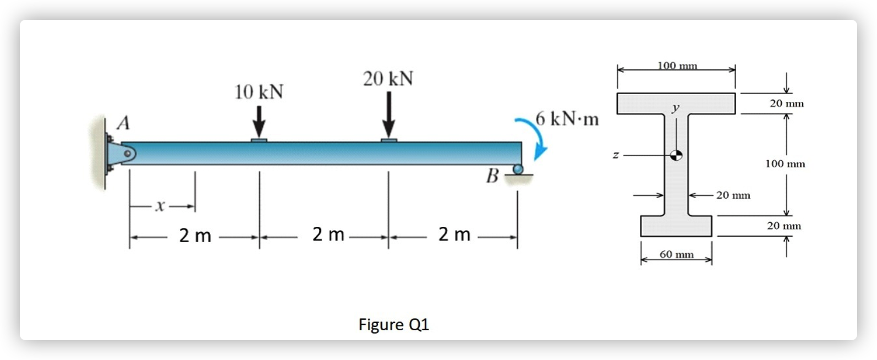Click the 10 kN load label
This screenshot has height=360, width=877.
259,92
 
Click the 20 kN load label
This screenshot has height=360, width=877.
388,79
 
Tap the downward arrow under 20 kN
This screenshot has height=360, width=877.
389,115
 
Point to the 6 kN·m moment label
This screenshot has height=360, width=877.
567,119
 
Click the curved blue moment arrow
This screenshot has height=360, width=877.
535,135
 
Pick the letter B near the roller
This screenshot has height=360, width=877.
492,177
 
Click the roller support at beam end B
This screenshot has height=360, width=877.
517,170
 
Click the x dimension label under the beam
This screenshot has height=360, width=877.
160,206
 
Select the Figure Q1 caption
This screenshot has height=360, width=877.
393,324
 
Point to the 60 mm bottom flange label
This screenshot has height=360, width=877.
676,254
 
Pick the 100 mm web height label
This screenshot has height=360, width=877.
785,163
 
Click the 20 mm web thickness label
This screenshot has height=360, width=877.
733,195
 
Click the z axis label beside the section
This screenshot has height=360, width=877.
616,156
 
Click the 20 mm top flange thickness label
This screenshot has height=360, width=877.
786,103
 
